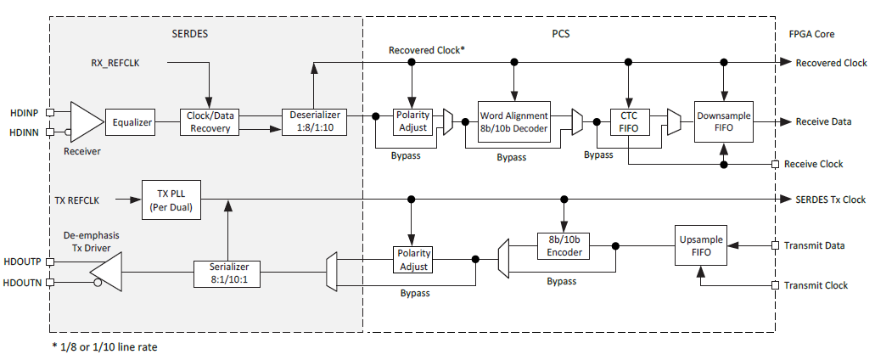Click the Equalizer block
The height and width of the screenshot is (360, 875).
pos(132,122)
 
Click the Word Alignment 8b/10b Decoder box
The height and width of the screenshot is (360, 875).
pos(514,122)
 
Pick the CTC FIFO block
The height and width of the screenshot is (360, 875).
pos(628,122)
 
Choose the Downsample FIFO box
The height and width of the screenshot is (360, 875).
pos(723,121)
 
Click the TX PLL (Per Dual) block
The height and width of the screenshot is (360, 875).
pos(171,199)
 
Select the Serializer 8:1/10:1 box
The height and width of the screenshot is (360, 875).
pos(226,273)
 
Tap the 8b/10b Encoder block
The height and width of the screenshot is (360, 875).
pos(563,246)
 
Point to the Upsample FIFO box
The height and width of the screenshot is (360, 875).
pos(701,246)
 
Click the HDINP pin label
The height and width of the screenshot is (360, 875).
pos(24,111)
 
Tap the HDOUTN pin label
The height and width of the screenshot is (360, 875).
pos(25,282)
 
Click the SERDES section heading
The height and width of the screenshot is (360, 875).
pos(189,33)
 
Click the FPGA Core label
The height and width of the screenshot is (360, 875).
pos(810,34)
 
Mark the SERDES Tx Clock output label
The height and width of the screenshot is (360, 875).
pos(830,200)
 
